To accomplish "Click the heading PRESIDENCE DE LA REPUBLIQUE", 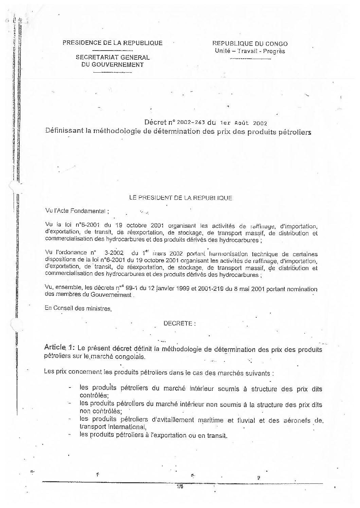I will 112,43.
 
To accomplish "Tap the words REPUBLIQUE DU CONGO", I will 250,44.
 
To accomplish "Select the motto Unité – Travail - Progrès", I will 250,51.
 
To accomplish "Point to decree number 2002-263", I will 182,123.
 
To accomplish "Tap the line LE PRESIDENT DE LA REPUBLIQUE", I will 180,198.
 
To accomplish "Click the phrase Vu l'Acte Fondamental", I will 77,211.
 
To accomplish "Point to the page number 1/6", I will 180,487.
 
